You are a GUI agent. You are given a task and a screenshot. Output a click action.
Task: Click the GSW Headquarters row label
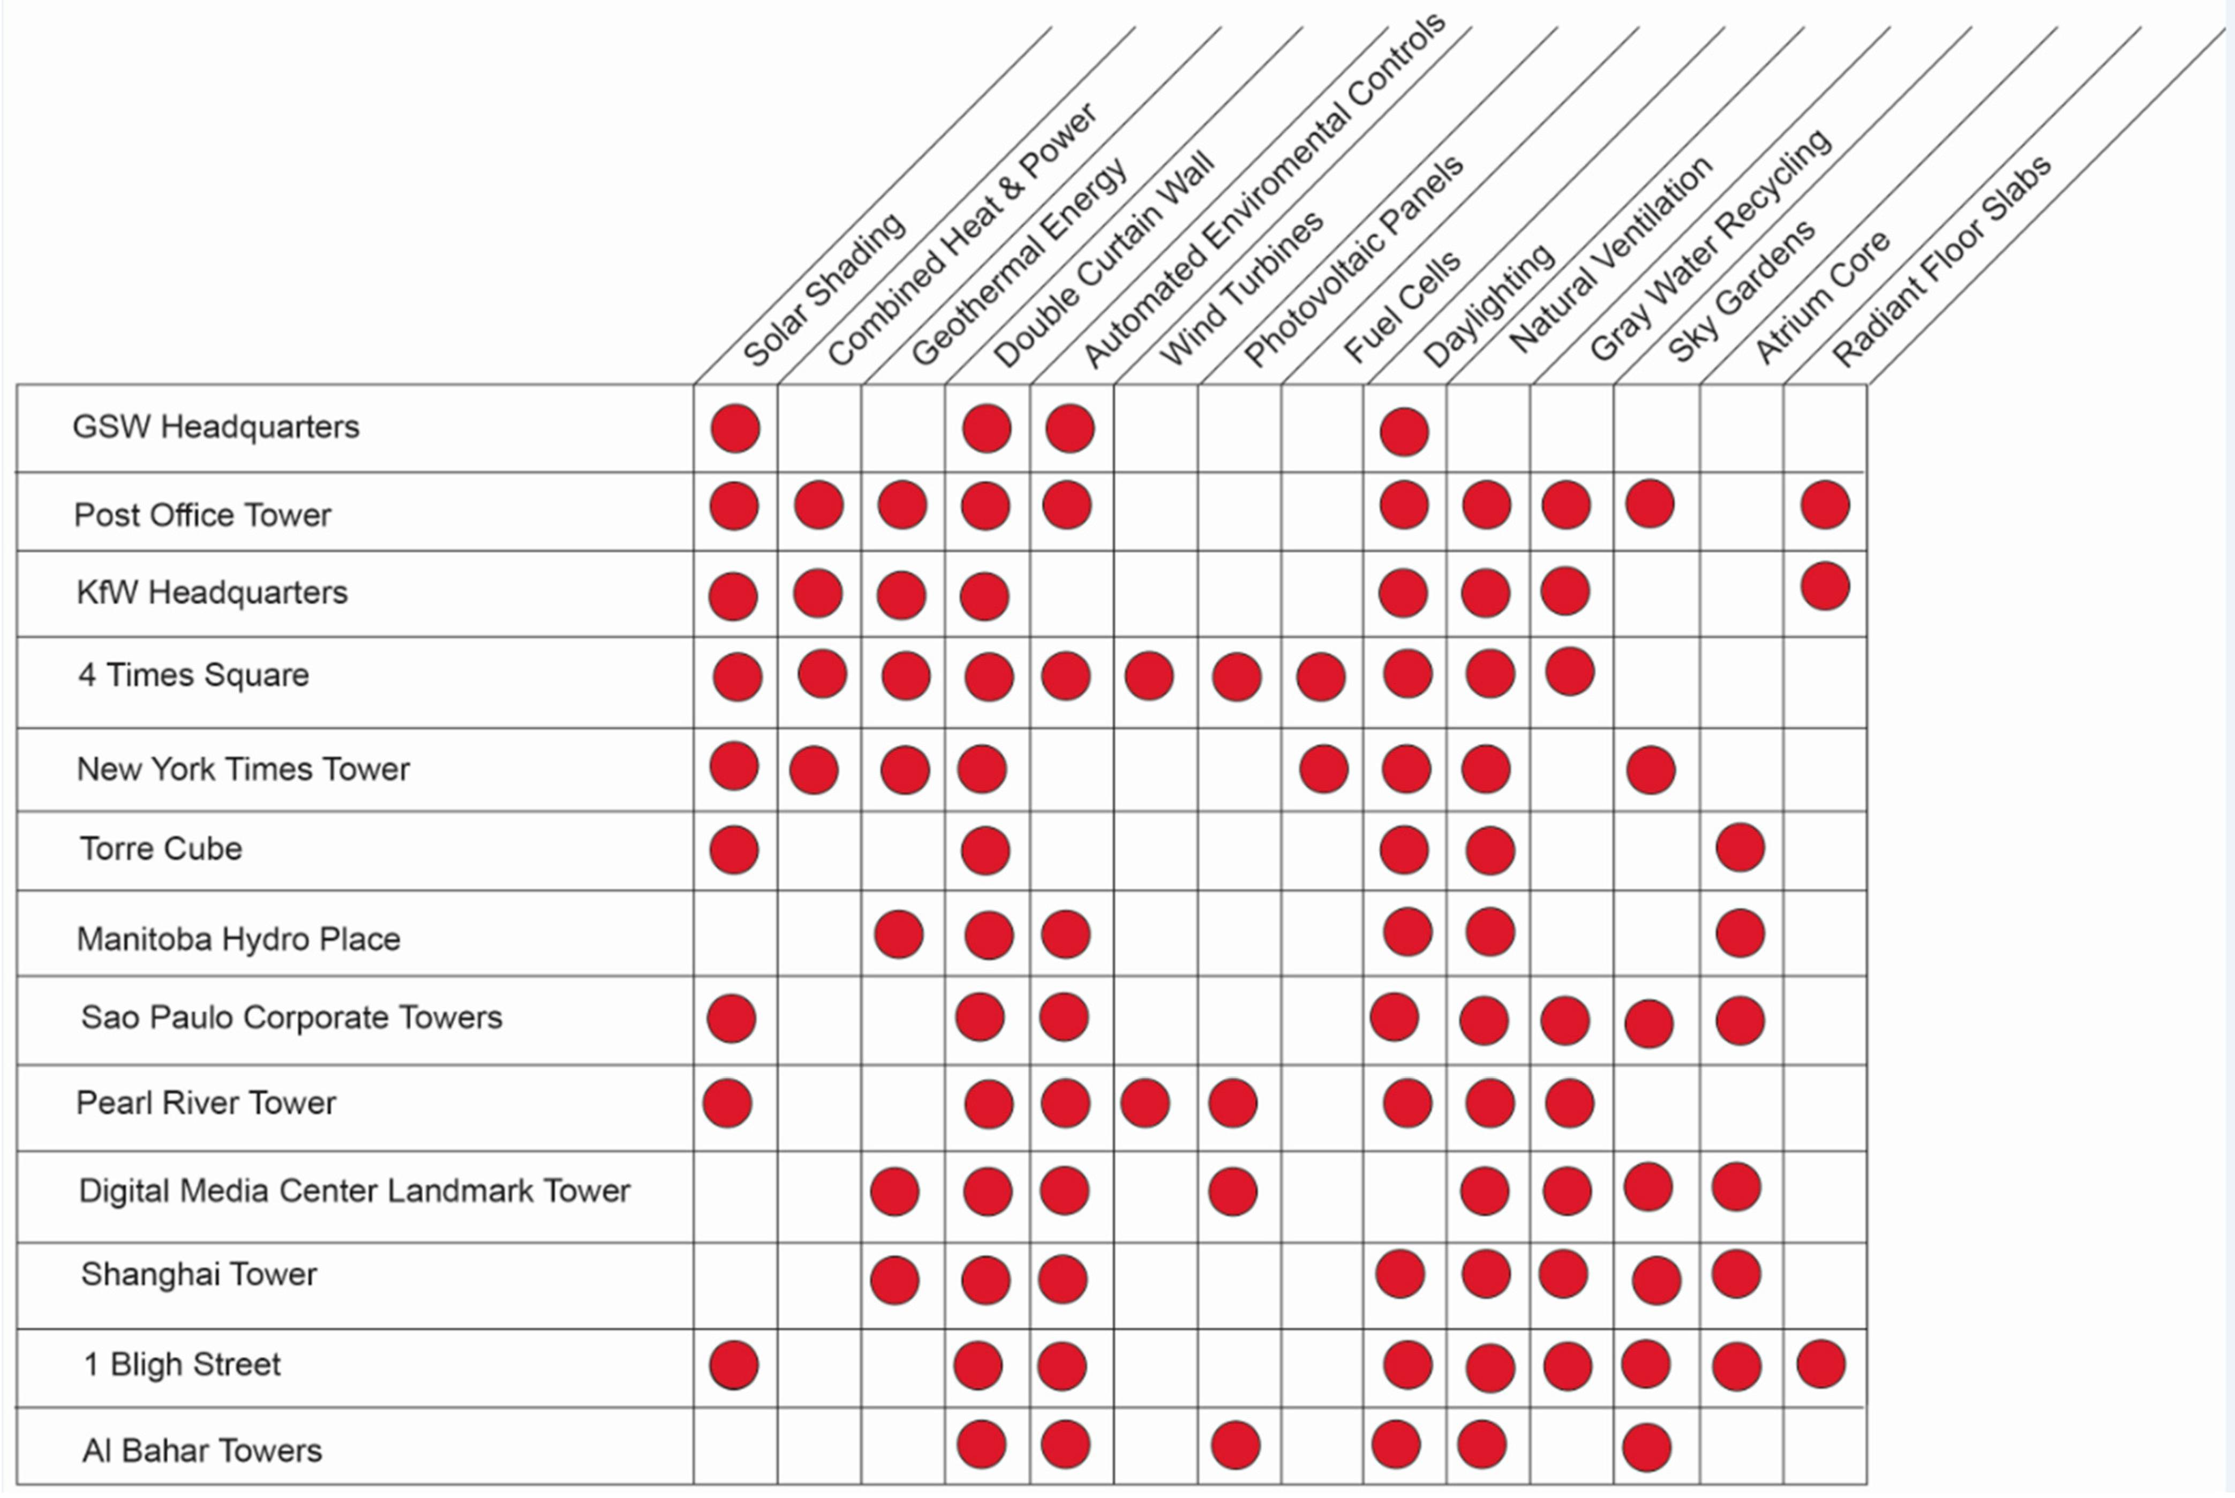pyautogui.click(x=216, y=427)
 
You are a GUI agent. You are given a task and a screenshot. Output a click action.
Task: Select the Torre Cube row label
pyautogui.click(x=161, y=848)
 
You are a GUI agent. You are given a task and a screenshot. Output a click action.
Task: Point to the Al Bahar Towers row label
pyautogui.click(x=201, y=1450)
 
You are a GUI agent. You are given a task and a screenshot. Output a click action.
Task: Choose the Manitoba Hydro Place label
pyautogui.click(x=238, y=939)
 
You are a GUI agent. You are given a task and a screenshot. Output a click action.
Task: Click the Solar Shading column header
pyautogui.click(x=823, y=289)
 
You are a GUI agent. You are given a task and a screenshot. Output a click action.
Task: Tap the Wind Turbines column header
pyautogui.click(x=1241, y=289)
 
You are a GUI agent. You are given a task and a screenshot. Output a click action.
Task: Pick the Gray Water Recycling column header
pyautogui.click(x=1710, y=244)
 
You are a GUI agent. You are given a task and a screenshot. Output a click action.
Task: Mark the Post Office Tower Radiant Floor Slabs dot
pyautogui.click(x=1824, y=505)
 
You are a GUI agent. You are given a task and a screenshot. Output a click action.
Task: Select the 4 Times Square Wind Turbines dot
pyautogui.click(x=1148, y=676)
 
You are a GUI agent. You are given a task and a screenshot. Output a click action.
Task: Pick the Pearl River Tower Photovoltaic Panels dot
pyautogui.click(x=1232, y=1104)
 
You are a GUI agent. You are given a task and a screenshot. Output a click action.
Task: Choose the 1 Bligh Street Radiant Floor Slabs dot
pyautogui.click(x=1820, y=1364)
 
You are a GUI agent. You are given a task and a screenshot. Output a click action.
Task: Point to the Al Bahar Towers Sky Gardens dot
pyautogui.click(x=1646, y=1447)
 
